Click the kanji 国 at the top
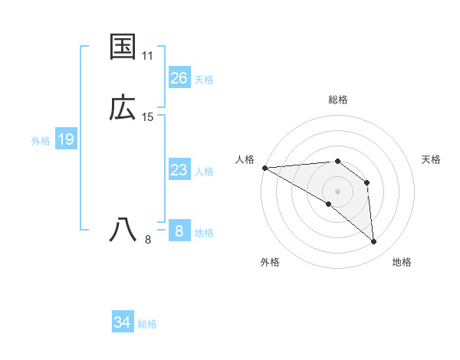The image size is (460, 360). [123, 47]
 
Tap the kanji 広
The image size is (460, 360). [123, 108]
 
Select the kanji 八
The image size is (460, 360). [123, 230]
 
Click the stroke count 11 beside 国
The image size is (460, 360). [148, 56]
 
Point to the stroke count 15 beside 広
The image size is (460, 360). [148, 117]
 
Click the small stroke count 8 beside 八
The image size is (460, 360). [148, 240]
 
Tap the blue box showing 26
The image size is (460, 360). [179, 78]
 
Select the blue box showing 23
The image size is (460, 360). [179, 170]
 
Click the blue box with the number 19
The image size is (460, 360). [66, 139]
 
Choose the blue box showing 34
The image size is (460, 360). [123, 322]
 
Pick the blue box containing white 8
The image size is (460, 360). [179, 231]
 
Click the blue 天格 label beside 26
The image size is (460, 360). [204, 80]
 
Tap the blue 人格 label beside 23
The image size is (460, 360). [204, 172]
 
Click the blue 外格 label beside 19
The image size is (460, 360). [41, 141]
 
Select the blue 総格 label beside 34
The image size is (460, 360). [147, 324]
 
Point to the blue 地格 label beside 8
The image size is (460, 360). [204, 233]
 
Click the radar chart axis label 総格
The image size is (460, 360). [338, 100]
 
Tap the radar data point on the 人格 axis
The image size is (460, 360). [264, 168]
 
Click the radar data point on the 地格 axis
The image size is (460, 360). [374, 242]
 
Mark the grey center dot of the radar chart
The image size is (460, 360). [337, 191]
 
